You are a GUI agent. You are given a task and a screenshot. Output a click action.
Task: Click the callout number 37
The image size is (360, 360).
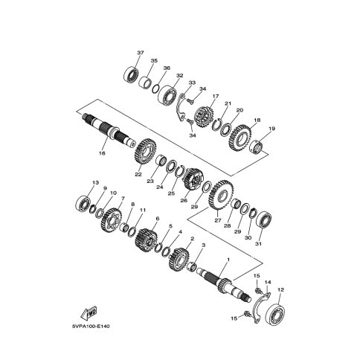(x=141, y=53)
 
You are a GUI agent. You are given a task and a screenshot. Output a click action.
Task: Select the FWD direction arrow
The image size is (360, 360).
(x=89, y=313)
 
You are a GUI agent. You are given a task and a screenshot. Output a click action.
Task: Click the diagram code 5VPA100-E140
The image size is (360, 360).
(x=91, y=327)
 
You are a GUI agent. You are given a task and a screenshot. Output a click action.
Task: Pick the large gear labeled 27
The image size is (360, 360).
(x=221, y=196)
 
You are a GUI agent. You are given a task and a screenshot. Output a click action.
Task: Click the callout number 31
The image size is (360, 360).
(x=259, y=244)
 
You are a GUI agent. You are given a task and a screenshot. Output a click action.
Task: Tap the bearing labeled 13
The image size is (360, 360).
(x=83, y=205)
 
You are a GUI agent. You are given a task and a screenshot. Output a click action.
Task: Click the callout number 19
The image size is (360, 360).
(x=271, y=129)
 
